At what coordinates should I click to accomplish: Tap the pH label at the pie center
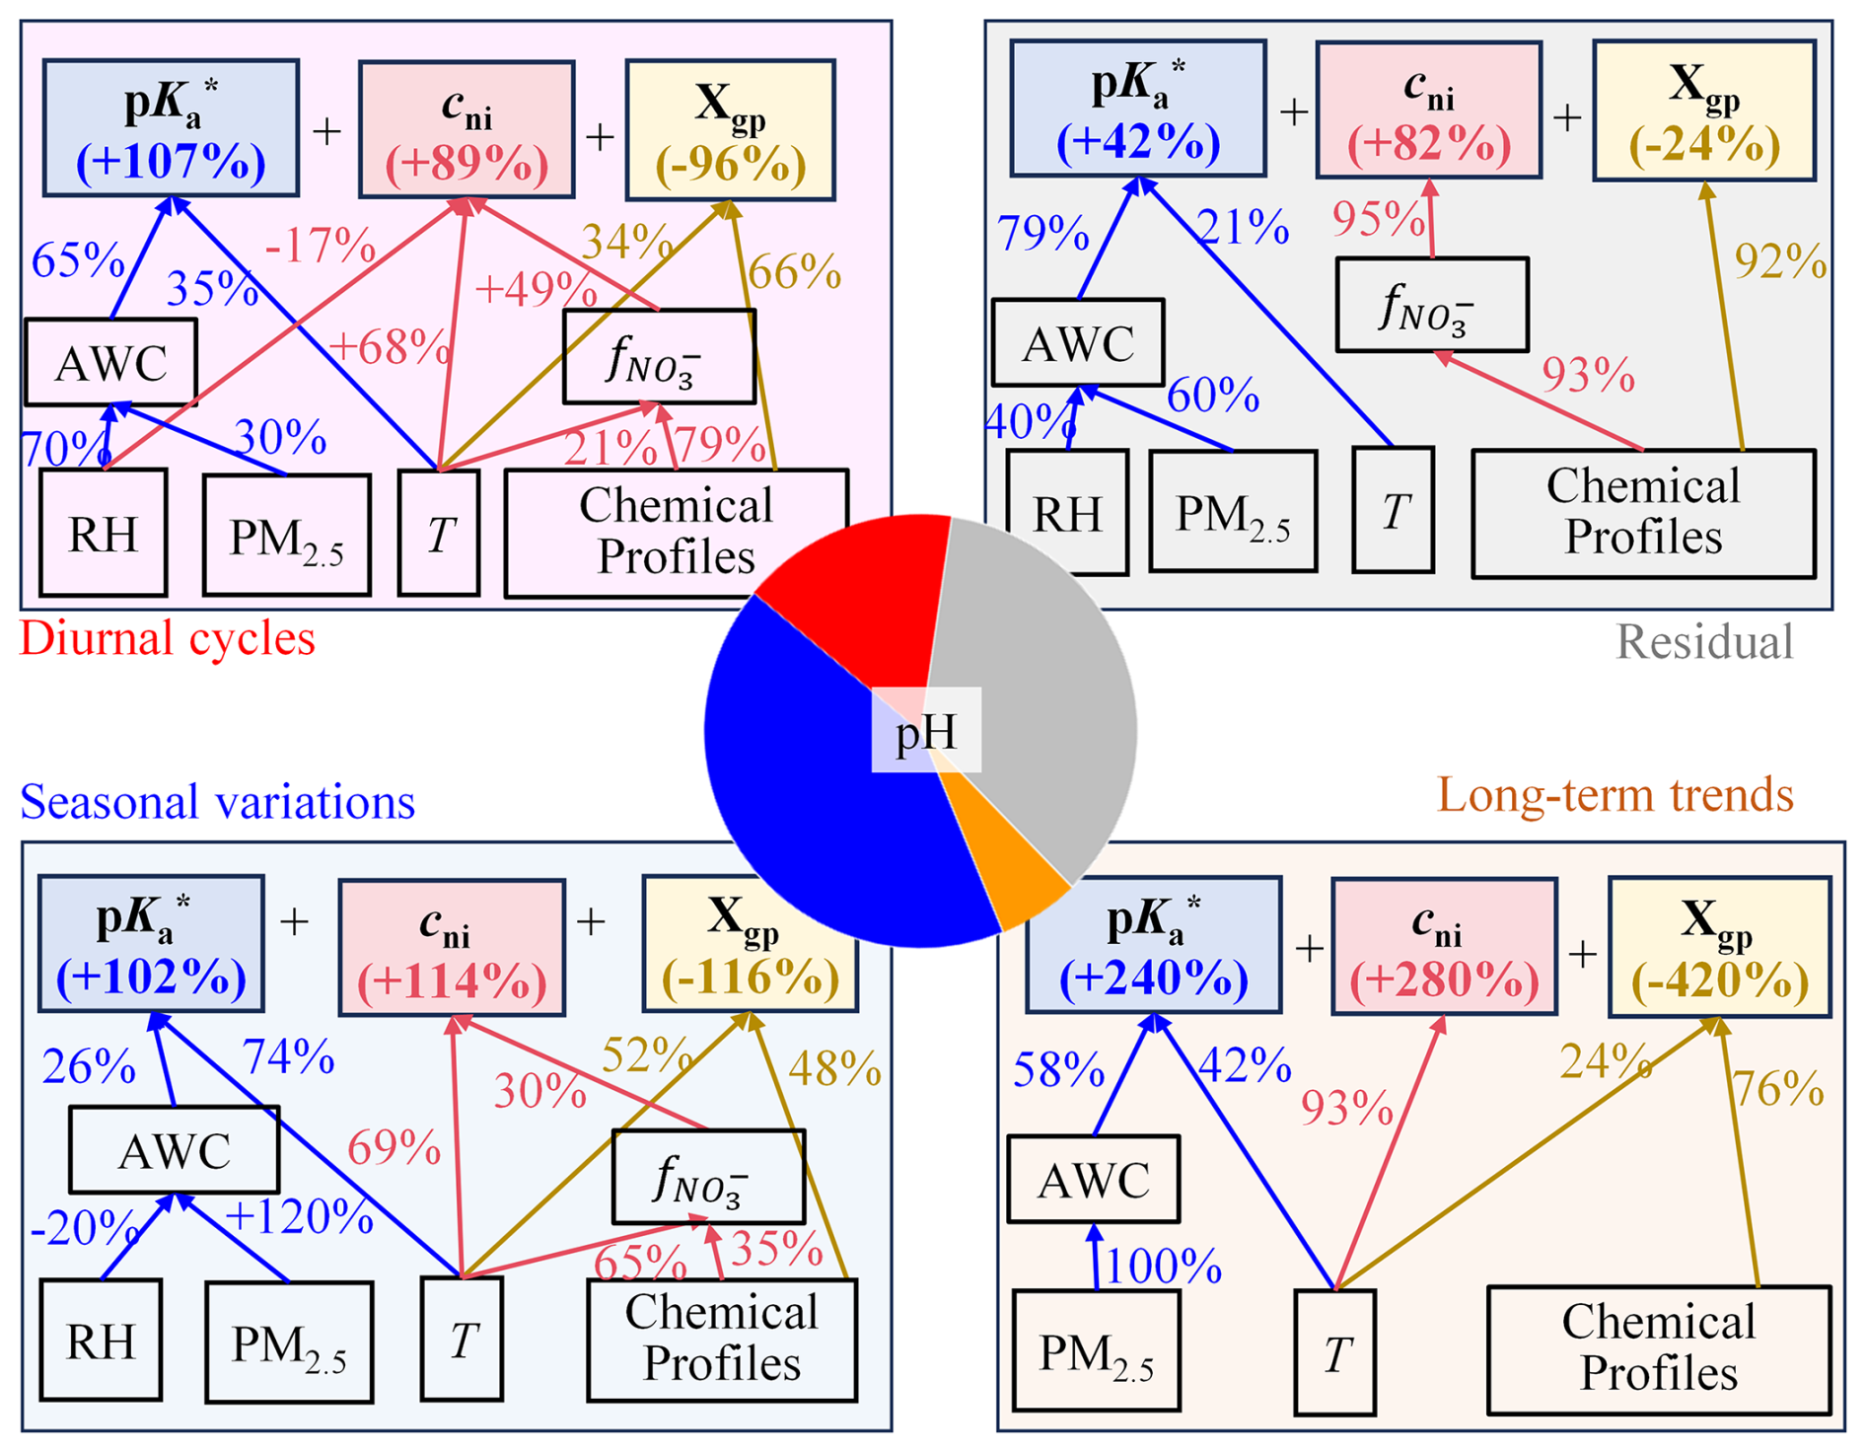click(925, 731)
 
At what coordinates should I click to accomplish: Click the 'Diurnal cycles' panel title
click(168, 638)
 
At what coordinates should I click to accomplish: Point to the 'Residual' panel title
click(1703, 642)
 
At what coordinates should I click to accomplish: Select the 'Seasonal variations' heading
click(217, 801)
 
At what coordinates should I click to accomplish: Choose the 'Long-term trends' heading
click(1615, 794)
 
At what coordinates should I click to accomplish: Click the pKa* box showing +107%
click(171, 128)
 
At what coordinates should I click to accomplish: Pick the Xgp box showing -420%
click(1719, 947)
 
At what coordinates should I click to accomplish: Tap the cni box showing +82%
click(1428, 109)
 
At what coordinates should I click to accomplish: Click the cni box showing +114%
click(452, 947)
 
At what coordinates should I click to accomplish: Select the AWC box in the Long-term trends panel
click(1093, 1179)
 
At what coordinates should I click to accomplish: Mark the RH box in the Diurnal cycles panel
click(103, 533)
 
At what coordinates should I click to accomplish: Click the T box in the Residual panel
click(1393, 510)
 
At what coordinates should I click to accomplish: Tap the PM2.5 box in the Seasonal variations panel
click(289, 1342)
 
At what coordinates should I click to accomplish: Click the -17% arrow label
click(320, 245)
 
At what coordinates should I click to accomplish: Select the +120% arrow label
click(299, 1216)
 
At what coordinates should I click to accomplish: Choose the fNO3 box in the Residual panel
click(1432, 305)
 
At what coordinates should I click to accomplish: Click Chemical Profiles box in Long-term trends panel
click(1658, 1348)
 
